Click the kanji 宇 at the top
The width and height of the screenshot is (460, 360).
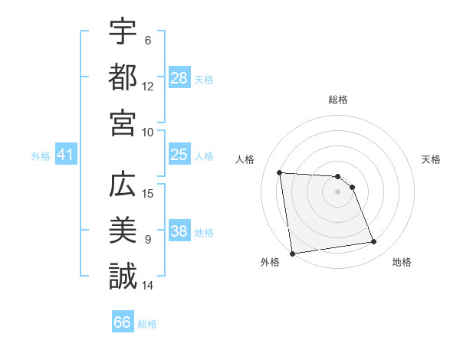(123, 33)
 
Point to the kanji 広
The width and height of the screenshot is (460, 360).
(123, 186)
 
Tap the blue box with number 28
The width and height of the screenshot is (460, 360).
(179, 77)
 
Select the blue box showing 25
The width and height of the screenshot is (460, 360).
(179, 155)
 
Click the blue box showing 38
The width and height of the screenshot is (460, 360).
(179, 231)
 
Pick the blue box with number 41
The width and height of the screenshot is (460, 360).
(66, 155)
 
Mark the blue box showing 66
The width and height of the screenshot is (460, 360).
(123, 322)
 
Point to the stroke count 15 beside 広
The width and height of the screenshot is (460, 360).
(149, 193)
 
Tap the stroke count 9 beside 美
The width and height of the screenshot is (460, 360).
(148, 239)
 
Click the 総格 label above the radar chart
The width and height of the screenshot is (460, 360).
(338, 100)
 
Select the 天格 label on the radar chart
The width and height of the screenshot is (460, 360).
(431, 159)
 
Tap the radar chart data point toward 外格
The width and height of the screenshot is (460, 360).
(292, 254)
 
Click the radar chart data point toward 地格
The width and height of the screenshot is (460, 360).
(374, 242)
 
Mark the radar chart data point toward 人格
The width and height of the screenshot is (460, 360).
(280, 172)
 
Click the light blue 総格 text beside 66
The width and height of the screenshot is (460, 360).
(147, 323)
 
